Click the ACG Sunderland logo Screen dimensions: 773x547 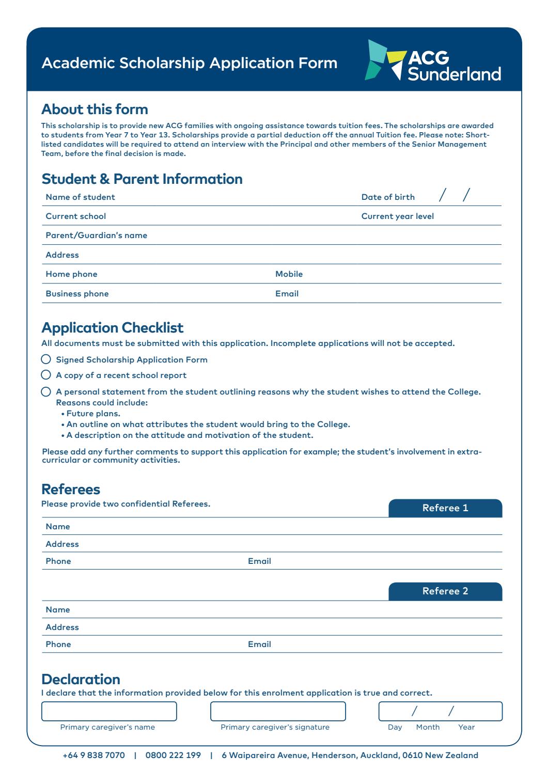tap(433, 61)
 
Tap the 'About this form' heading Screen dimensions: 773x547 tap(95, 109)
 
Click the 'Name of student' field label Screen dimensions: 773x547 tap(81, 197)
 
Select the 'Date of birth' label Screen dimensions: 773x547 tap(387, 197)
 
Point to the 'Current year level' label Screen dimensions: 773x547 tap(397, 216)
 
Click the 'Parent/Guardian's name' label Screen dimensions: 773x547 tap(97, 235)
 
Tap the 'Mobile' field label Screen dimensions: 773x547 tap(289, 274)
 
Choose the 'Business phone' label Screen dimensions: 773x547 tap(77, 294)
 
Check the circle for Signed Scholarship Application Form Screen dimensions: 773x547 tap(46, 359)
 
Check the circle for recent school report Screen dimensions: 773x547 tap(46, 375)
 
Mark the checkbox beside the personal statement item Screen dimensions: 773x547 tap(46, 391)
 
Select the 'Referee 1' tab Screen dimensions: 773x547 tap(445, 508)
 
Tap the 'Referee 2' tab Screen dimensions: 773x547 tap(445, 591)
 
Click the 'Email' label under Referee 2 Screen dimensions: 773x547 tap(259, 644)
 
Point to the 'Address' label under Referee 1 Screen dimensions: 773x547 tap(62, 544)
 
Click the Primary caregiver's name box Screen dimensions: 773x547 tap(109, 711)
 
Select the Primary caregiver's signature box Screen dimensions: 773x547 tap(278, 711)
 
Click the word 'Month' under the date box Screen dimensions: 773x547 tap(428, 727)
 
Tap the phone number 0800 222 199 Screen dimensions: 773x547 tap(173, 755)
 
